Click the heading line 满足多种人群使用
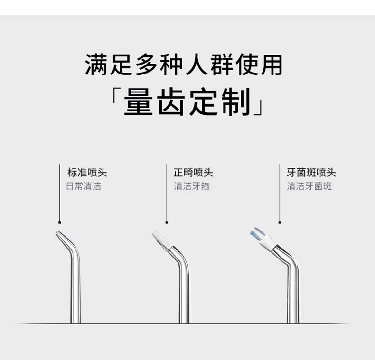[183, 65]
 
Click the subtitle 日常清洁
[84, 186]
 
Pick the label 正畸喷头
[193, 172]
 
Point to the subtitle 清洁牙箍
[192, 186]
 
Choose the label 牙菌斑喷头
[311, 172]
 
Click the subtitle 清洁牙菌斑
[309, 186]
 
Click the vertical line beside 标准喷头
[59, 194]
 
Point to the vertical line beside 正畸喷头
[166, 194]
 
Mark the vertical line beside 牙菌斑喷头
[280, 194]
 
